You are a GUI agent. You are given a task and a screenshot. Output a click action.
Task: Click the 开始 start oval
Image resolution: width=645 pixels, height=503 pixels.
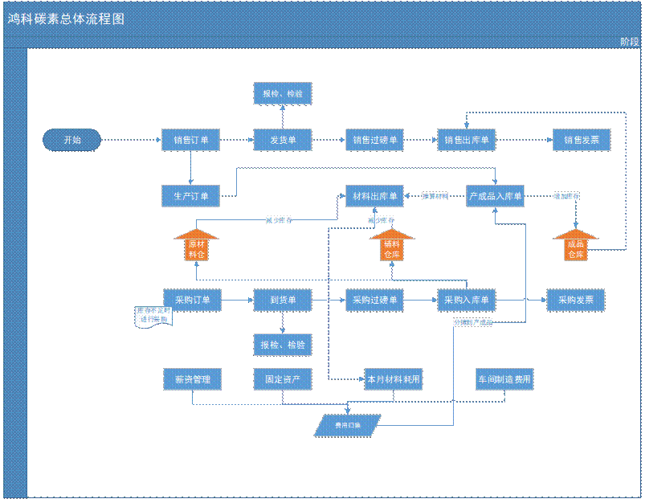coord(72,140)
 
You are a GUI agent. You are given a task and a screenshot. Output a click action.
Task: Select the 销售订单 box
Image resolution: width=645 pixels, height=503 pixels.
coord(190,140)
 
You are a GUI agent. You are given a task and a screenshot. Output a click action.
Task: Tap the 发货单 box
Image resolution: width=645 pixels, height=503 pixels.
coord(283,140)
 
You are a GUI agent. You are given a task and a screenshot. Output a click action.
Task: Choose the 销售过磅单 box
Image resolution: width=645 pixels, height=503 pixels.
coord(374,140)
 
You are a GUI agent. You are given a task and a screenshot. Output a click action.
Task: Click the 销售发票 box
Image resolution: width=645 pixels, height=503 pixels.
coord(582,140)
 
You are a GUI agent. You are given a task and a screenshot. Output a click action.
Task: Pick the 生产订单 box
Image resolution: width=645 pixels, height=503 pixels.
coord(190,196)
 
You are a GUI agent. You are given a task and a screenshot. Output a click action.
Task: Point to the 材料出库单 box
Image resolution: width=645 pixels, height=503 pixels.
coord(374,196)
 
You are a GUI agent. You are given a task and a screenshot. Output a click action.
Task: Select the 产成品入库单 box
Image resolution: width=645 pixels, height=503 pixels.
coord(495,196)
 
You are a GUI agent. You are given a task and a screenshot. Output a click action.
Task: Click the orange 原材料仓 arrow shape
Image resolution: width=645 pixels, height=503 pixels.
coord(196,246)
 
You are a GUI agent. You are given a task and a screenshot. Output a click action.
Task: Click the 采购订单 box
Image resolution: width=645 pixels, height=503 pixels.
coord(192,301)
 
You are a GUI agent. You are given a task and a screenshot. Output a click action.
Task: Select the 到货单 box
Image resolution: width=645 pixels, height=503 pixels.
coord(283,301)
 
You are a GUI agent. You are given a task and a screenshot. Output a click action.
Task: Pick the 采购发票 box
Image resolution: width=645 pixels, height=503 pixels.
coord(575,301)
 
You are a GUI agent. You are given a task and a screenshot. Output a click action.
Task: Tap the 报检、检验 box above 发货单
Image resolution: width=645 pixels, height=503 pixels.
coord(283,94)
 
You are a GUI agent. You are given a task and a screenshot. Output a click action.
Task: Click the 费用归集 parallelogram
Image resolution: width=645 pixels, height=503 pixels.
coord(348,425)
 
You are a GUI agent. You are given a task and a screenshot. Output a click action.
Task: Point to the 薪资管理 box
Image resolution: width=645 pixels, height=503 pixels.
coord(192,378)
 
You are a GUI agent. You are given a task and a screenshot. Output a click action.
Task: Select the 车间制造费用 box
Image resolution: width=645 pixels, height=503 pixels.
coord(504,378)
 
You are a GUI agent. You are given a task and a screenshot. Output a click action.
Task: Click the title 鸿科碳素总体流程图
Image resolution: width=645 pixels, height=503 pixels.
coord(67,18)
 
